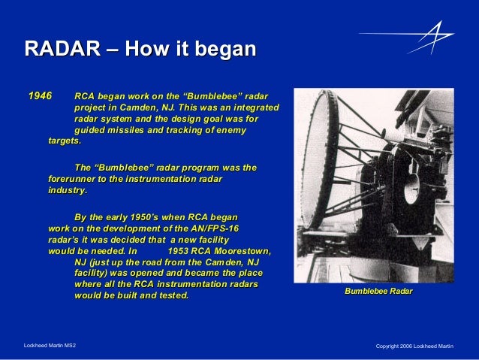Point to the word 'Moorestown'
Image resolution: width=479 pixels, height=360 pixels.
point(239,251)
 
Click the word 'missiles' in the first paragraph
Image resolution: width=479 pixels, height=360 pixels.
point(129,130)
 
